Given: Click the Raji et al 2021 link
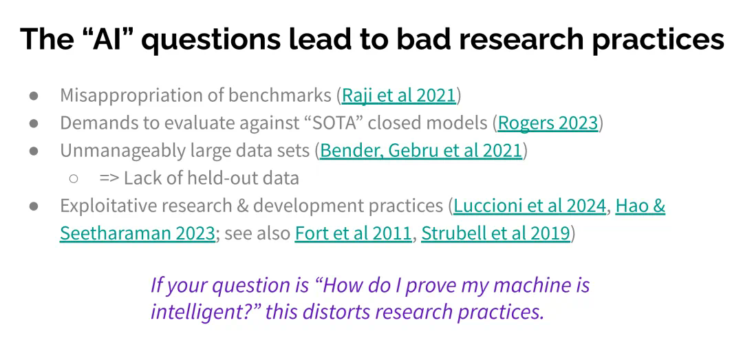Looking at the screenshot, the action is click(x=398, y=96).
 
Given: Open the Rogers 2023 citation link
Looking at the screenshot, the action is click(x=548, y=123).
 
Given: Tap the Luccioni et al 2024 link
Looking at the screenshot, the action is click(x=530, y=206).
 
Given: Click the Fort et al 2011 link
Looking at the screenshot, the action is click(x=353, y=233).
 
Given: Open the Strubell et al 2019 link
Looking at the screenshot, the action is click(x=495, y=233).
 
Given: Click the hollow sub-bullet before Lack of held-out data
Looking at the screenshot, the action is click(x=74, y=178).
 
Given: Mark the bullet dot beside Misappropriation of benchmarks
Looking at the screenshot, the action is click(x=34, y=96).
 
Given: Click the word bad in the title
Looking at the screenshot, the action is click(x=424, y=39).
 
